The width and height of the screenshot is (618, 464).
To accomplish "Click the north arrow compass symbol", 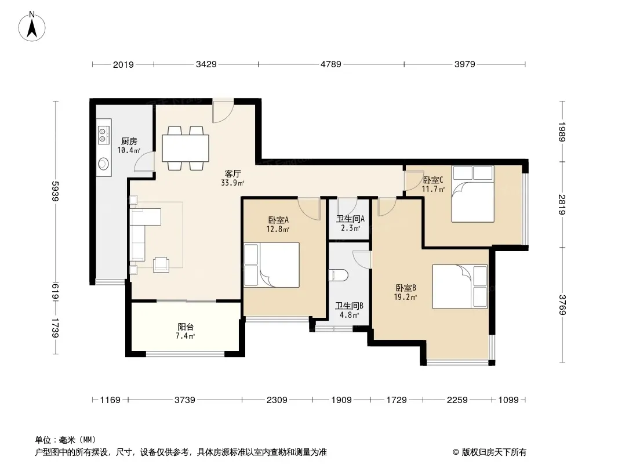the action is pos(32,26).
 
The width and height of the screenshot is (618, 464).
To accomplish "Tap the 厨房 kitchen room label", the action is pos(129,141).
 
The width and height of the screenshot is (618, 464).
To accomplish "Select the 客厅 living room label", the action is pos(232,173).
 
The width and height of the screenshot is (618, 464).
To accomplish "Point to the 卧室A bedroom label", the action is pos(278,220).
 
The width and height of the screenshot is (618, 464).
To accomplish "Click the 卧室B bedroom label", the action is pos(406,288).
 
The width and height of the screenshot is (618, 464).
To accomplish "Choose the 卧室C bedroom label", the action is pos(433,180).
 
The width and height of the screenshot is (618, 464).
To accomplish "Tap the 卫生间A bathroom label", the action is pos(350,219).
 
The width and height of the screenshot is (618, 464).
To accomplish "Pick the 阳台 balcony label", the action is pos(186,327).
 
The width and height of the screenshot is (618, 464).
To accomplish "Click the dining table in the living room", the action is pos(186,148).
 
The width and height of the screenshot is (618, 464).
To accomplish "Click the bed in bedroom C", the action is pos(472,194).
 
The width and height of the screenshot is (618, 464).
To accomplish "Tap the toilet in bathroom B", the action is pos(338,275).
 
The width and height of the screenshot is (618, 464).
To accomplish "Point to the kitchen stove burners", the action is pos(104,134).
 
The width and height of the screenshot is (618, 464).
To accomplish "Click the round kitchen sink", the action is pos(104,163).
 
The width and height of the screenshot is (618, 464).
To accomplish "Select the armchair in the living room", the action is pos(161,264).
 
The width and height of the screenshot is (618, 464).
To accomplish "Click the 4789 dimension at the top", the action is pos(330,64).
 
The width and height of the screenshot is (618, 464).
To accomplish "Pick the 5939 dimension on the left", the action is pos(54,191).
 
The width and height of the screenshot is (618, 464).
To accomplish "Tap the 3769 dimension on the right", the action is pos(562,305).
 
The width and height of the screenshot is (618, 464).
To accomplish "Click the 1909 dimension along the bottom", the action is pos(341,400).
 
